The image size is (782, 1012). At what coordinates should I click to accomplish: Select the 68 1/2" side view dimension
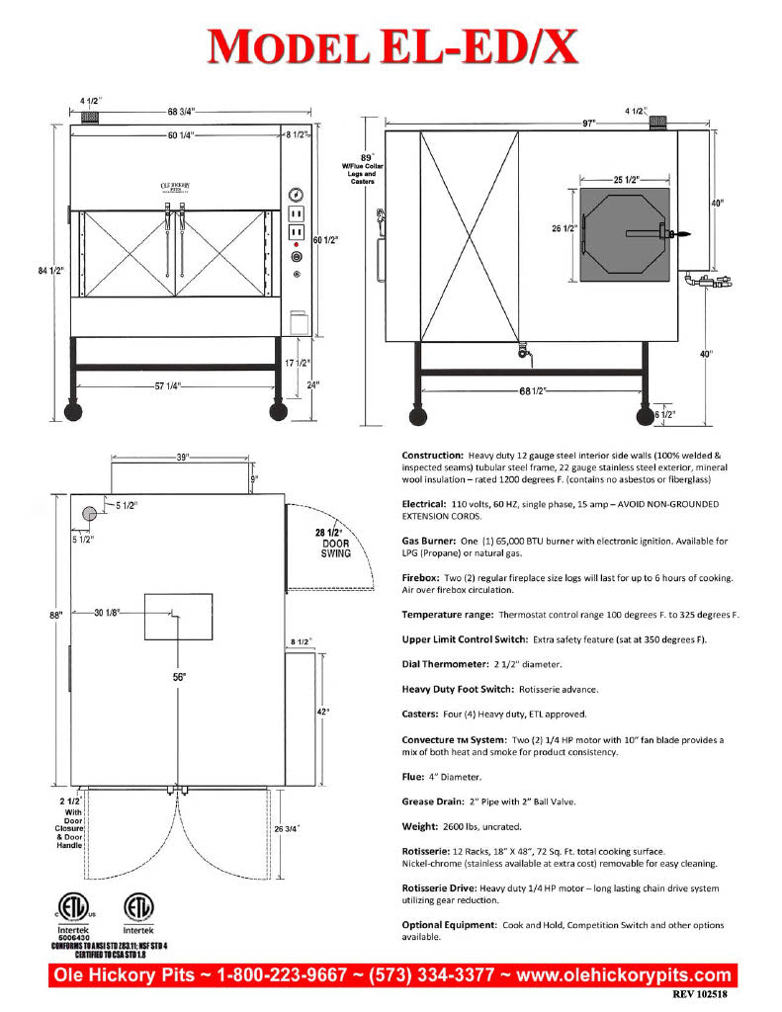coord(532,391)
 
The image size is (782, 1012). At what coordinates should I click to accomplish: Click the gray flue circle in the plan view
coord(89,512)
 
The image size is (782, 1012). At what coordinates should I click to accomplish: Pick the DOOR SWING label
coord(335,547)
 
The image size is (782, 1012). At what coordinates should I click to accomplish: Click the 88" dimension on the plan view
coord(55,615)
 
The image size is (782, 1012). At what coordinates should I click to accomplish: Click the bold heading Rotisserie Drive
coord(447,888)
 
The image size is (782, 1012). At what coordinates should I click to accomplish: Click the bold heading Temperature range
coord(450,615)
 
